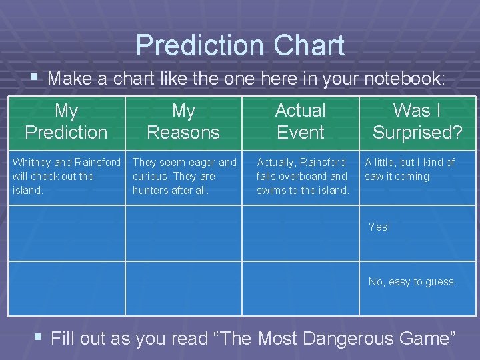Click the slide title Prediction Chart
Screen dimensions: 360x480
click(x=240, y=45)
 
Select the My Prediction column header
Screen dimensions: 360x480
click(x=66, y=121)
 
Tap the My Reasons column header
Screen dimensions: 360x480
click(x=183, y=121)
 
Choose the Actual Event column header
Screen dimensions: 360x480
click(x=301, y=121)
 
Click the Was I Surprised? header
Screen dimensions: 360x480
click(x=417, y=121)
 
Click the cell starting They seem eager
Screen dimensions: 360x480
click(x=184, y=176)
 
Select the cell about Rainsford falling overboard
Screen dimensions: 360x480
click(x=303, y=176)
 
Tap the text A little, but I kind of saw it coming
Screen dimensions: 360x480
click(x=409, y=169)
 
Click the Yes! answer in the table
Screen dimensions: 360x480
click(x=379, y=227)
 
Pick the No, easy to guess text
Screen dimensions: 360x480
click(x=412, y=282)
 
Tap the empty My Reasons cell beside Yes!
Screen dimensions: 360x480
click(x=183, y=233)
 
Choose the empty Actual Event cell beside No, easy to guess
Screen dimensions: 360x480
click(x=301, y=288)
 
